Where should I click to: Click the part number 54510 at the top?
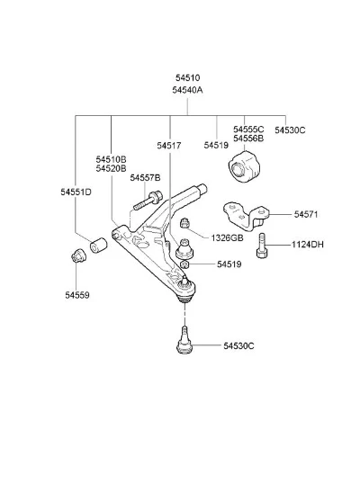(x=188, y=77)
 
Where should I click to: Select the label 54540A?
(x=187, y=90)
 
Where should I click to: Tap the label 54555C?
(x=248, y=130)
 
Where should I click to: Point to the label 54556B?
(x=248, y=138)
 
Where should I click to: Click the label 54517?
(x=169, y=146)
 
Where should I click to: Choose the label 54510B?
(x=111, y=159)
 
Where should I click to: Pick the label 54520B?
(x=111, y=168)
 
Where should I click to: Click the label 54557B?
(x=145, y=178)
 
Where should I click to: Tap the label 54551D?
(x=76, y=192)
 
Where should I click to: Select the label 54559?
(x=77, y=295)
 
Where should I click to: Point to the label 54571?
(x=306, y=215)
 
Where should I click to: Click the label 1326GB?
(x=227, y=238)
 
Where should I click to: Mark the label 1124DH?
(x=308, y=245)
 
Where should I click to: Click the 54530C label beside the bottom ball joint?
(x=238, y=346)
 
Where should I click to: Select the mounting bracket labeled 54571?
(x=247, y=217)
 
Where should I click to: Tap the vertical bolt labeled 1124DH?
(x=262, y=246)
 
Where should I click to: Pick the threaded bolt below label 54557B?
(x=148, y=201)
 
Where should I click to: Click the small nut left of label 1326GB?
(x=184, y=223)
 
